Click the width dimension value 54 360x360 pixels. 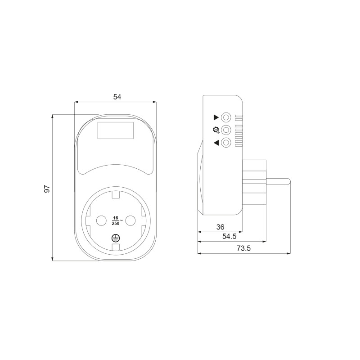coord(117,97)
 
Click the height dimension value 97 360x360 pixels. coord(47,189)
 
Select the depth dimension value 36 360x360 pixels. coord(220,227)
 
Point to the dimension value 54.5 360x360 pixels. coord(229,237)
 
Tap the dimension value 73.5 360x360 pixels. coord(243,248)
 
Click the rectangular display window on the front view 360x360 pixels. coord(116,130)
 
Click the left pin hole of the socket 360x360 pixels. coord(101,220)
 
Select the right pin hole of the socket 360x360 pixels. coord(130,220)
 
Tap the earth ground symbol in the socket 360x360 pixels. coord(116,238)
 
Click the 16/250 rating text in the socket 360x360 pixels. coord(116,220)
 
